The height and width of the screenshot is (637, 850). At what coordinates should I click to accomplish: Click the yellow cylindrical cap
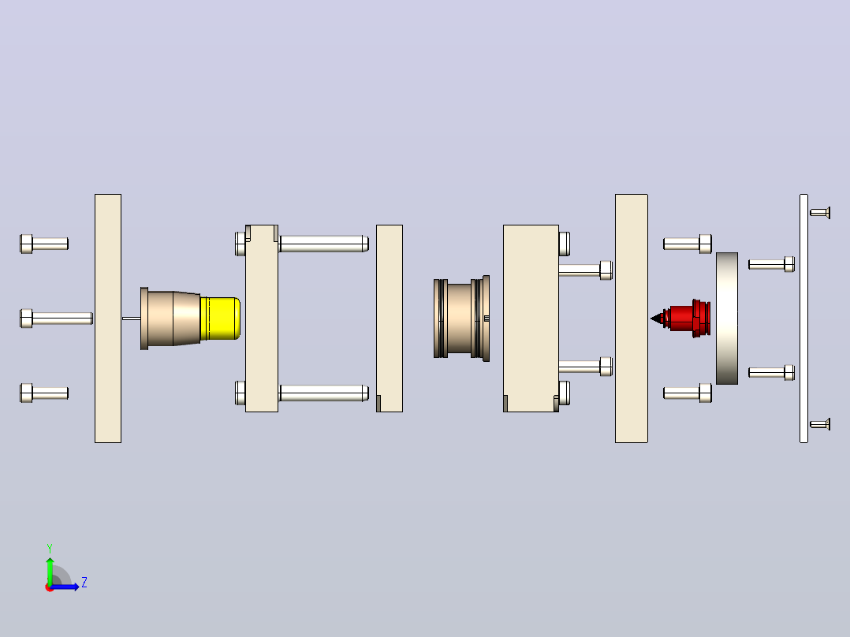click(x=220, y=318)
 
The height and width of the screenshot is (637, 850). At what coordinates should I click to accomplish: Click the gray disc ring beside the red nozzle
click(x=727, y=318)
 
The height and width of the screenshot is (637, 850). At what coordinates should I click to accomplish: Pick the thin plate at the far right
click(x=804, y=318)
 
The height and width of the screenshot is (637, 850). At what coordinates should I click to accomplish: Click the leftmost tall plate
click(x=108, y=318)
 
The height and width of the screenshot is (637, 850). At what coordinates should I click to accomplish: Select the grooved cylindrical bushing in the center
click(x=461, y=318)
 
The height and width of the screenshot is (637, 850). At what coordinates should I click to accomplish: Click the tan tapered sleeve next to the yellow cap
click(x=170, y=318)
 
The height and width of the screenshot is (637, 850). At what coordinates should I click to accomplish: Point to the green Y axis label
click(x=50, y=548)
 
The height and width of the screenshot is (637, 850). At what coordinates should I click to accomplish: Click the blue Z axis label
click(x=84, y=583)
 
